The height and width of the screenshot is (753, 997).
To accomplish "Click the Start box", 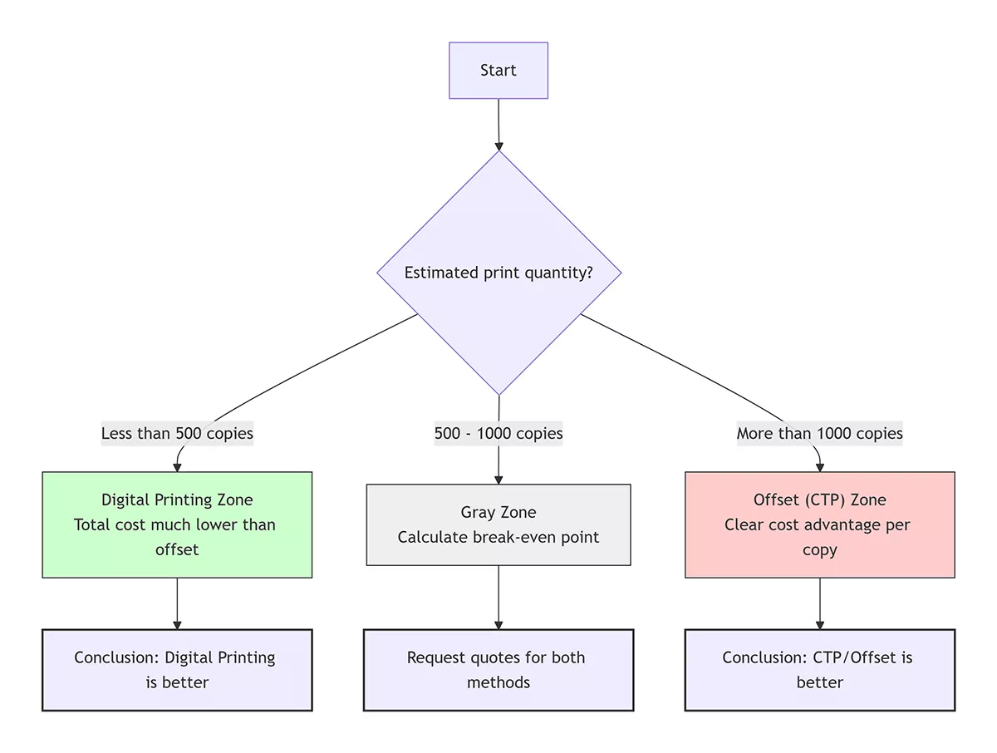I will click(498, 71).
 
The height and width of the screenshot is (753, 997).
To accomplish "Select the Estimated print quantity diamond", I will click(498, 273).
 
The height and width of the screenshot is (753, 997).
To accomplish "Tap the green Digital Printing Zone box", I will click(177, 524).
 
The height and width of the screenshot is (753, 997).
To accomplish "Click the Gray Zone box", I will click(498, 524).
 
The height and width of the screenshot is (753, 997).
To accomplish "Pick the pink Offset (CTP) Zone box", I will click(819, 524).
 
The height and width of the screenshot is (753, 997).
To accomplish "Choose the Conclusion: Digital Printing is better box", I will click(177, 670).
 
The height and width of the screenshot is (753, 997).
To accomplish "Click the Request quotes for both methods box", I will click(498, 670).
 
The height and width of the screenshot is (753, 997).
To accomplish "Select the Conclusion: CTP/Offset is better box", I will click(819, 670).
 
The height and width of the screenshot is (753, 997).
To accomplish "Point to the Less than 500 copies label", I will click(177, 433).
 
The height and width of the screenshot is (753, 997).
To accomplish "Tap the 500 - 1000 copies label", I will click(498, 433).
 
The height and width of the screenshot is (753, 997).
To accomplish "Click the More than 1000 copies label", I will click(819, 433).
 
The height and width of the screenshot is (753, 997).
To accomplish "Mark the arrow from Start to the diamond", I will click(498, 125).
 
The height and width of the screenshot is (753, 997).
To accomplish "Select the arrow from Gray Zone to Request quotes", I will click(498, 597).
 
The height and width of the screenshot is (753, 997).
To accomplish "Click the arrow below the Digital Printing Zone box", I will click(177, 603).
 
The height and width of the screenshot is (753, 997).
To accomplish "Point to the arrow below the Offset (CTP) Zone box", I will click(820, 603).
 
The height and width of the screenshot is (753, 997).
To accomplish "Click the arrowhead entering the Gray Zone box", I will click(498, 479).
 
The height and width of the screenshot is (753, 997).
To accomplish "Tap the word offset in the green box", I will click(177, 549).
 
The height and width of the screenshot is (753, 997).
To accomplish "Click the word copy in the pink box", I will click(819, 549).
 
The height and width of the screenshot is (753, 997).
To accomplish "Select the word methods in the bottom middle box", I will click(498, 682).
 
